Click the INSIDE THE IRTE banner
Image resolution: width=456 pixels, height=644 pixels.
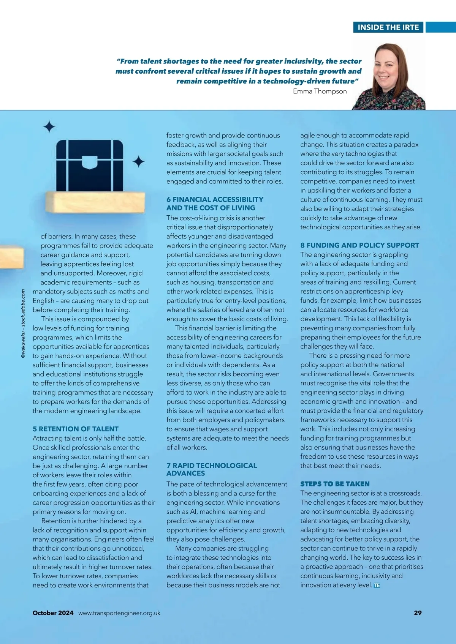pyautogui.click(x=388, y=27)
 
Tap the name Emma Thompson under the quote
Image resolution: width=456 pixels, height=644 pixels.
pyautogui.click(x=320, y=91)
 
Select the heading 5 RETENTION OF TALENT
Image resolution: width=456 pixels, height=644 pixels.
pyautogui.click(x=75, y=429)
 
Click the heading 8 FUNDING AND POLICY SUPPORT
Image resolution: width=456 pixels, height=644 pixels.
pyautogui.click(x=359, y=245)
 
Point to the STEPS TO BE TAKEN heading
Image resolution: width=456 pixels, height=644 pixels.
pyautogui.click(x=335, y=484)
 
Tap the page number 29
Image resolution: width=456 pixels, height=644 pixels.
pyautogui.click(x=418, y=613)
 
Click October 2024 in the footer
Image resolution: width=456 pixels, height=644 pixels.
pyautogui.click(x=53, y=613)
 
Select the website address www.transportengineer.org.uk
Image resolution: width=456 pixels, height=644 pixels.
pyautogui.click(x=119, y=613)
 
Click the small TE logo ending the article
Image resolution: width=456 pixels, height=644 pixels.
pyautogui.click(x=377, y=586)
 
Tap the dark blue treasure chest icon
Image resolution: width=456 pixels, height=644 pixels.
pyautogui.click(x=90, y=166)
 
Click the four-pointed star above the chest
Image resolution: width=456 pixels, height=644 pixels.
pyautogui.click(x=49, y=126)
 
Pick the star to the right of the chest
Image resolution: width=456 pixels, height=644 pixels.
pyautogui.click(x=138, y=162)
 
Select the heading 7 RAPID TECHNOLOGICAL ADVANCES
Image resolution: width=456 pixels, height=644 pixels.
pyautogui.click(x=211, y=469)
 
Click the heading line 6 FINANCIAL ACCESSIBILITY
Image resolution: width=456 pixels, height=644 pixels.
pyautogui.click(x=215, y=199)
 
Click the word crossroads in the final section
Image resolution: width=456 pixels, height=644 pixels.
pyautogui.click(x=405, y=493)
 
